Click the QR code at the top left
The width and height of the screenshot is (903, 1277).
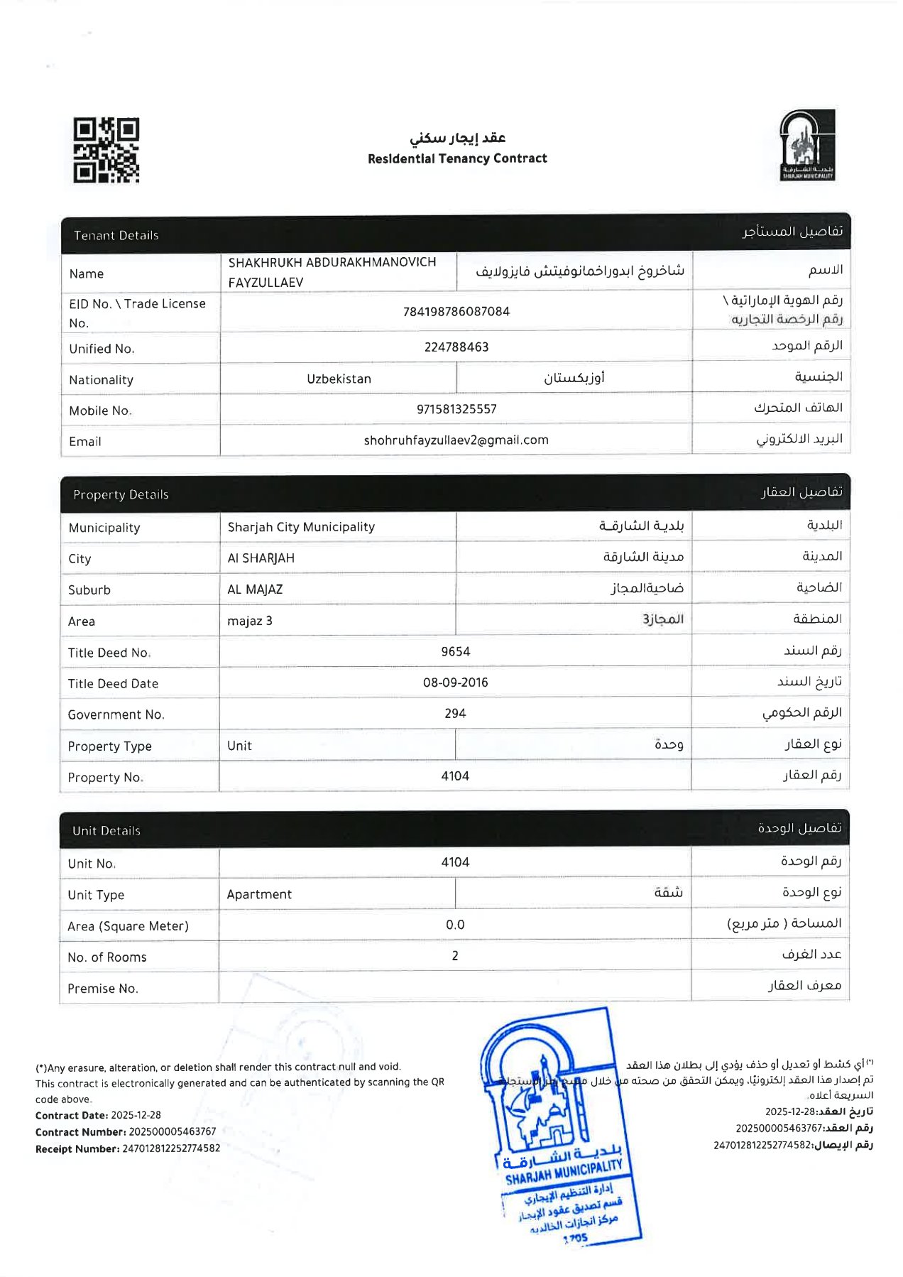[106, 150]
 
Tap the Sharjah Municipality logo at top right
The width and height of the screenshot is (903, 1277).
[807, 145]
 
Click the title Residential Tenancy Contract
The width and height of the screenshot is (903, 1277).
[457, 158]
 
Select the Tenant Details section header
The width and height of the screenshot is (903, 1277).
[116, 235]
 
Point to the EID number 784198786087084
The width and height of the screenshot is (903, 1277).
[456, 311]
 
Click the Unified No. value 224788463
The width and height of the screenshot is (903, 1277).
[456, 347]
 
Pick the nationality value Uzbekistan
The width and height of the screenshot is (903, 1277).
[339, 379]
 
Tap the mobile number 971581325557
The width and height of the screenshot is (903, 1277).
[456, 409]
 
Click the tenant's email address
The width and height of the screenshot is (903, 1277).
[456, 440]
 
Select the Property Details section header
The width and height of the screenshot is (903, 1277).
[121, 494]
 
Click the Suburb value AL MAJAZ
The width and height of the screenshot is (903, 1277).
[255, 589]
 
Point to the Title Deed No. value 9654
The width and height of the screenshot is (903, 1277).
[455, 651]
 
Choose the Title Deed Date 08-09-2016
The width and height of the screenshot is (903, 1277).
[455, 683]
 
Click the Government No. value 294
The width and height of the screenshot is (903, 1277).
[455, 713]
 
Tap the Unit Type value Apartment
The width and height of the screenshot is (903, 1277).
[259, 894]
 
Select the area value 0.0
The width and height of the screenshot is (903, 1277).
[455, 925]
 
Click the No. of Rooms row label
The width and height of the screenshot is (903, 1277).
[107, 957]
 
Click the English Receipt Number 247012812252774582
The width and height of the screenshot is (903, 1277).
[171, 1148]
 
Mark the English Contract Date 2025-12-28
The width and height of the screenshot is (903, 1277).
[136, 1115]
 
